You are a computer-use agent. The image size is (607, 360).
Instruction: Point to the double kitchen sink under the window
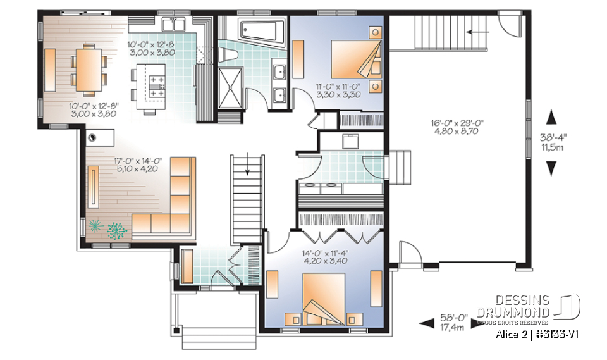[x=173, y=25]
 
